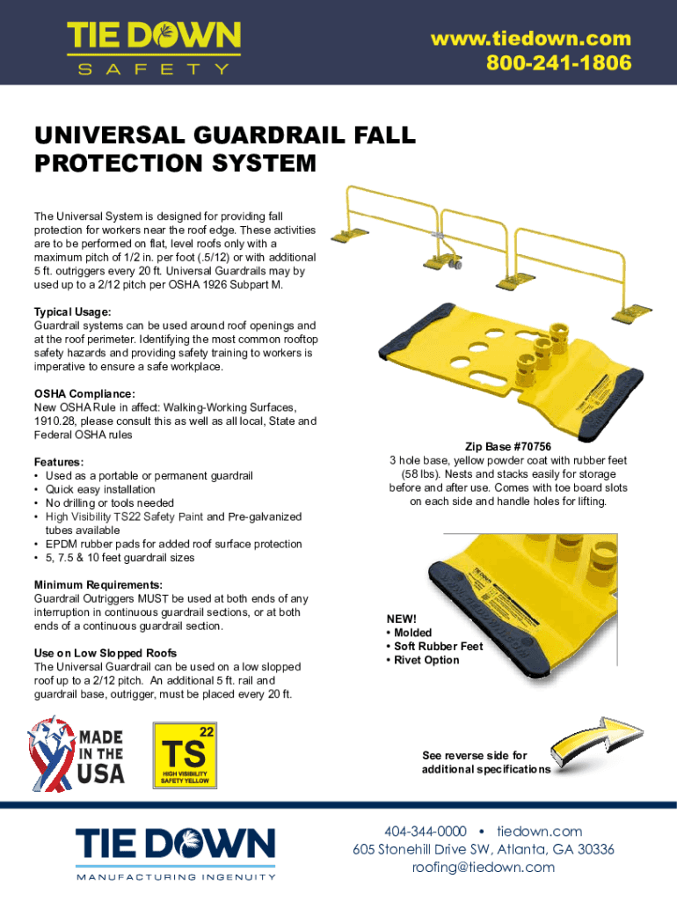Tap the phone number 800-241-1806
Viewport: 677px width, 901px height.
click(x=558, y=63)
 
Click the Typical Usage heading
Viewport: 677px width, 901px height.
click(x=73, y=312)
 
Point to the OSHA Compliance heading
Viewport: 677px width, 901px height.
click(x=85, y=393)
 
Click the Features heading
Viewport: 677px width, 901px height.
click(x=60, y=462)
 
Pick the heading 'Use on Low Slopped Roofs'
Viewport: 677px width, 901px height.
click(x=106, y=653)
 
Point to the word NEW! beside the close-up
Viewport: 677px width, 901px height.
click(x=402, y=619)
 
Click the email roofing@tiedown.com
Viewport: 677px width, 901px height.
click(x=484, y=867)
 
